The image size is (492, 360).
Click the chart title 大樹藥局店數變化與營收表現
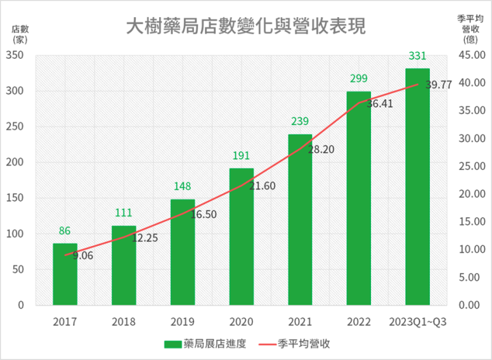point(246,26)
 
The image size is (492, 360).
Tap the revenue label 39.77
point(439,85)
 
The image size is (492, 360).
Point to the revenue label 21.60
point(260,186)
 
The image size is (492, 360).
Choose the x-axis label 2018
point(124,321)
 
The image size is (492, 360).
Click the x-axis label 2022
point(359,321)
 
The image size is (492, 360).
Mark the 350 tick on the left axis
point(21,55)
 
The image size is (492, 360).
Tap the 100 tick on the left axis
point(21,234)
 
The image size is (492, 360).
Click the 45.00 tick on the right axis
point(469,55)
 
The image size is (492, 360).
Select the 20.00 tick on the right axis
point(469,194)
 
